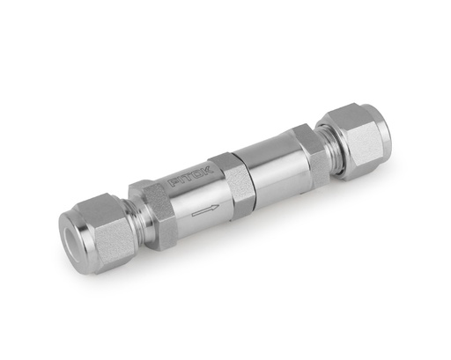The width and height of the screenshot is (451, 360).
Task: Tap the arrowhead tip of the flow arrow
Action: [218, 204]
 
